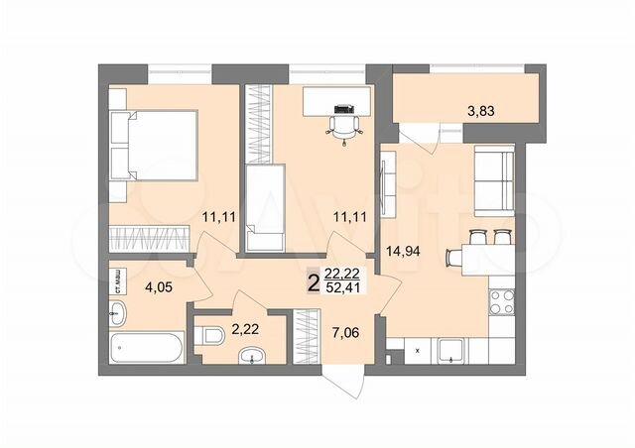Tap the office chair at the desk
[342, 123]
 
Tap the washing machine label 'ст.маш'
[116, 280]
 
